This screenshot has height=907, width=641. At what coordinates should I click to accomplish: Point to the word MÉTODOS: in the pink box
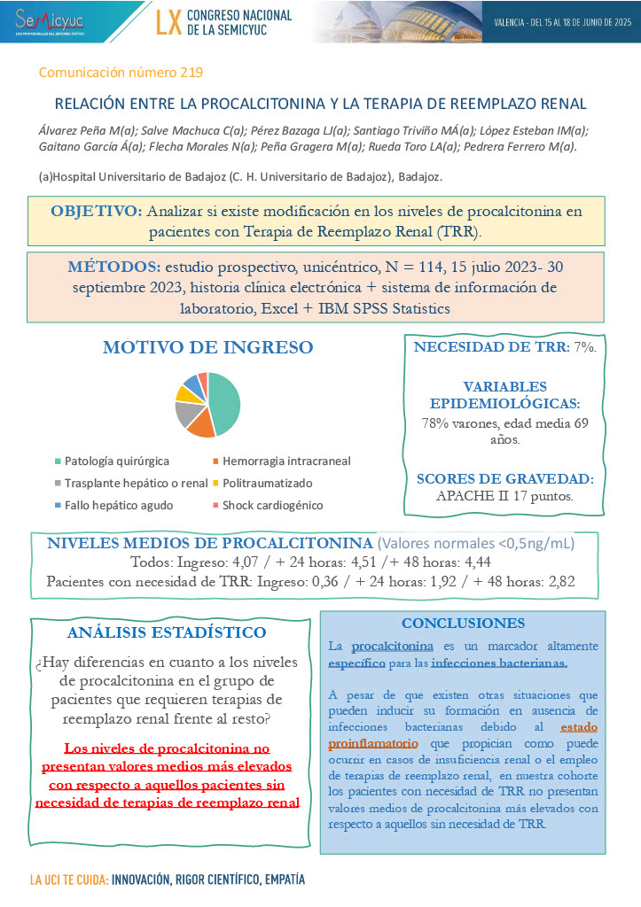click(x=112, y=267)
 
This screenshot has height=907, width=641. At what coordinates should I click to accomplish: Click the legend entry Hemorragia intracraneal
click(x=285, y=461)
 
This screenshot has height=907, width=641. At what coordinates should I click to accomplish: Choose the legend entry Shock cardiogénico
click(x=272, y=506)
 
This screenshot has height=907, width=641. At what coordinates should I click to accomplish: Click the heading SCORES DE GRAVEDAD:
click(x=504, y=479)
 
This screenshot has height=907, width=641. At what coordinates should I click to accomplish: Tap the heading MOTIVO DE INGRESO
click(x=207, y=347)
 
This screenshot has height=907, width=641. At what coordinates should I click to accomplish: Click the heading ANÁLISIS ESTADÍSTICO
click(x=167, y=632)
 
